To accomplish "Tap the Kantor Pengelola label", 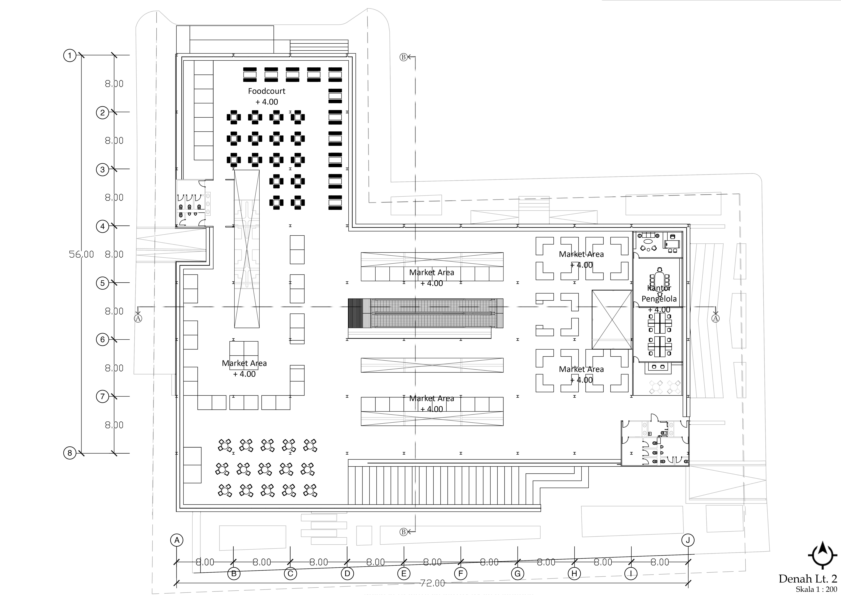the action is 659,293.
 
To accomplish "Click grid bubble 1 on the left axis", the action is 70,56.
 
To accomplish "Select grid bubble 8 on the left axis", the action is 70,453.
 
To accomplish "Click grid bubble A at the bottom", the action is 177,540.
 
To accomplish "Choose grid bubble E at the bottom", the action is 404,574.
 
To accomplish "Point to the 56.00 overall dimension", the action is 81,254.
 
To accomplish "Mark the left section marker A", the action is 138,318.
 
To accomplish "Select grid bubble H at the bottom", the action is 574,574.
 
